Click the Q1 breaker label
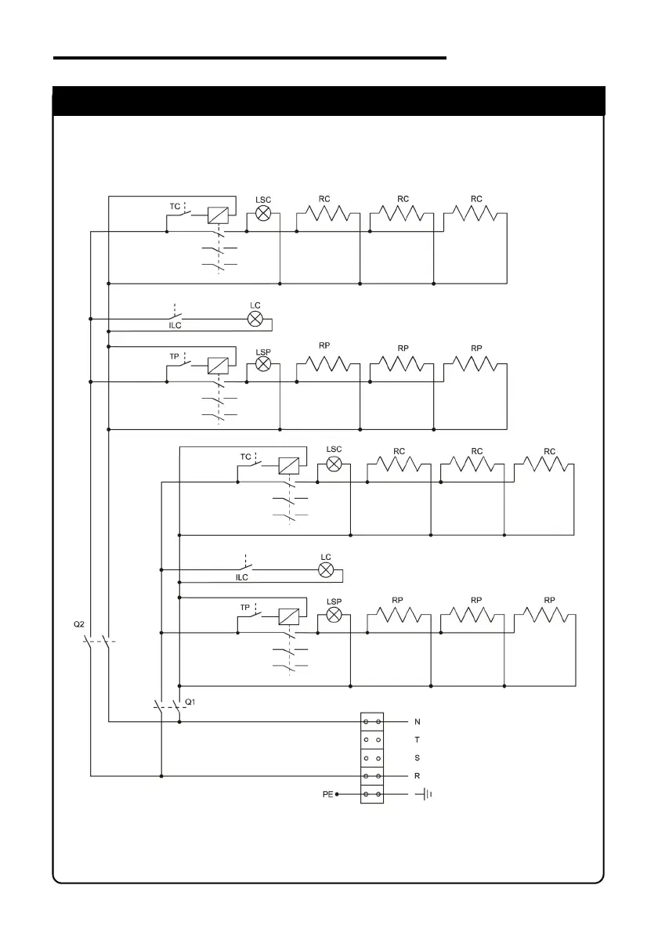point(189,701)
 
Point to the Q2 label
point(79,624)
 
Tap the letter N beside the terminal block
point(417,721)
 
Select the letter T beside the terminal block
point(417,739)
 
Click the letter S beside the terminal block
point(417,758)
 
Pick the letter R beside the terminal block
point(417,776)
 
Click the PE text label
point(328,795)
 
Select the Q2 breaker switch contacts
point(98,645)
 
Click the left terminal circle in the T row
point(366,739)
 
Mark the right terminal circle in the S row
point(379,758)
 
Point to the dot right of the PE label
point(338,795)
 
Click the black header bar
point(328,101)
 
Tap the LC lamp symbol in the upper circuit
point(255,319)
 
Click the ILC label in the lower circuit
point(242,577)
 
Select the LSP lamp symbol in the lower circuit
point(334,616)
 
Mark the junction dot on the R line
point(161,776)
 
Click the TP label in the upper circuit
point(174,356)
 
